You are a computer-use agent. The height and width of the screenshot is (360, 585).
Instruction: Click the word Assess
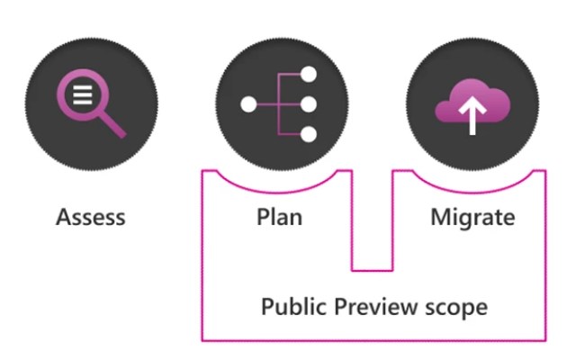pos(90,218)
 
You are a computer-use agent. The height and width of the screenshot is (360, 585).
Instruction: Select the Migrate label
pos(472,218)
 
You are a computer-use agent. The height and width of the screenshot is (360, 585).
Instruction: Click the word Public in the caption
pos(291,307)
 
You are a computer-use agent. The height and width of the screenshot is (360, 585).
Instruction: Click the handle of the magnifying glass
pos(111,123)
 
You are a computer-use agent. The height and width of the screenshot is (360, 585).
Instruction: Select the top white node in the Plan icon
pos(309,75)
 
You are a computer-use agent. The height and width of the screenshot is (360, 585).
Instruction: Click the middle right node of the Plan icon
pos(309,105)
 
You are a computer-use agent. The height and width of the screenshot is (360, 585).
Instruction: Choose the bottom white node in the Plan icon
pos(309,136)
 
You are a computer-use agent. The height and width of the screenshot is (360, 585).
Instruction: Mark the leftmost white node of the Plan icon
pos(249,105)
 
